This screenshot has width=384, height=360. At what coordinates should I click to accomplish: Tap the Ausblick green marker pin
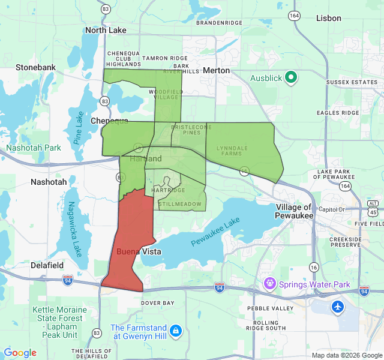(x=291, y=77)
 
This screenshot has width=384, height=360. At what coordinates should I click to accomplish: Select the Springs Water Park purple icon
(x=270, y=283)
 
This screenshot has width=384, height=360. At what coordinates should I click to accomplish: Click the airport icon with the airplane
(x=338, y=307)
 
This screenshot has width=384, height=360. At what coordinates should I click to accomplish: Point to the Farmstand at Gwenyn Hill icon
(x=175, y=331)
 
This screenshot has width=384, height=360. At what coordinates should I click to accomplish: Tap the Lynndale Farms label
(x=232, y=150)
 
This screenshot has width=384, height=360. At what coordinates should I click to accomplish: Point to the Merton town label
(x=216, y=70)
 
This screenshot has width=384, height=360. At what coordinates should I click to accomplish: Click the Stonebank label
(x=35, y=67)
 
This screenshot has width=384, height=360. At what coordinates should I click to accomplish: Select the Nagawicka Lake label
(x=74, y=228)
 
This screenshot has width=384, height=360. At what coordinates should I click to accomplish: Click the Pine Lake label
(x=79, y=128)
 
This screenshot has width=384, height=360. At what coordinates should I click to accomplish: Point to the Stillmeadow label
(x=180, y=204)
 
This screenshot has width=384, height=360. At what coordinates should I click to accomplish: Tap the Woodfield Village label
(x=163, y=94)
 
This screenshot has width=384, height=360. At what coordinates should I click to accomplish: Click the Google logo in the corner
(x=20, y=353)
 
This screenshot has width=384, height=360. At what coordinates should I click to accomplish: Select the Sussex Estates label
(x=352, y=82)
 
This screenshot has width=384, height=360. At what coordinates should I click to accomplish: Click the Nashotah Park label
(x=34, y=148)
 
